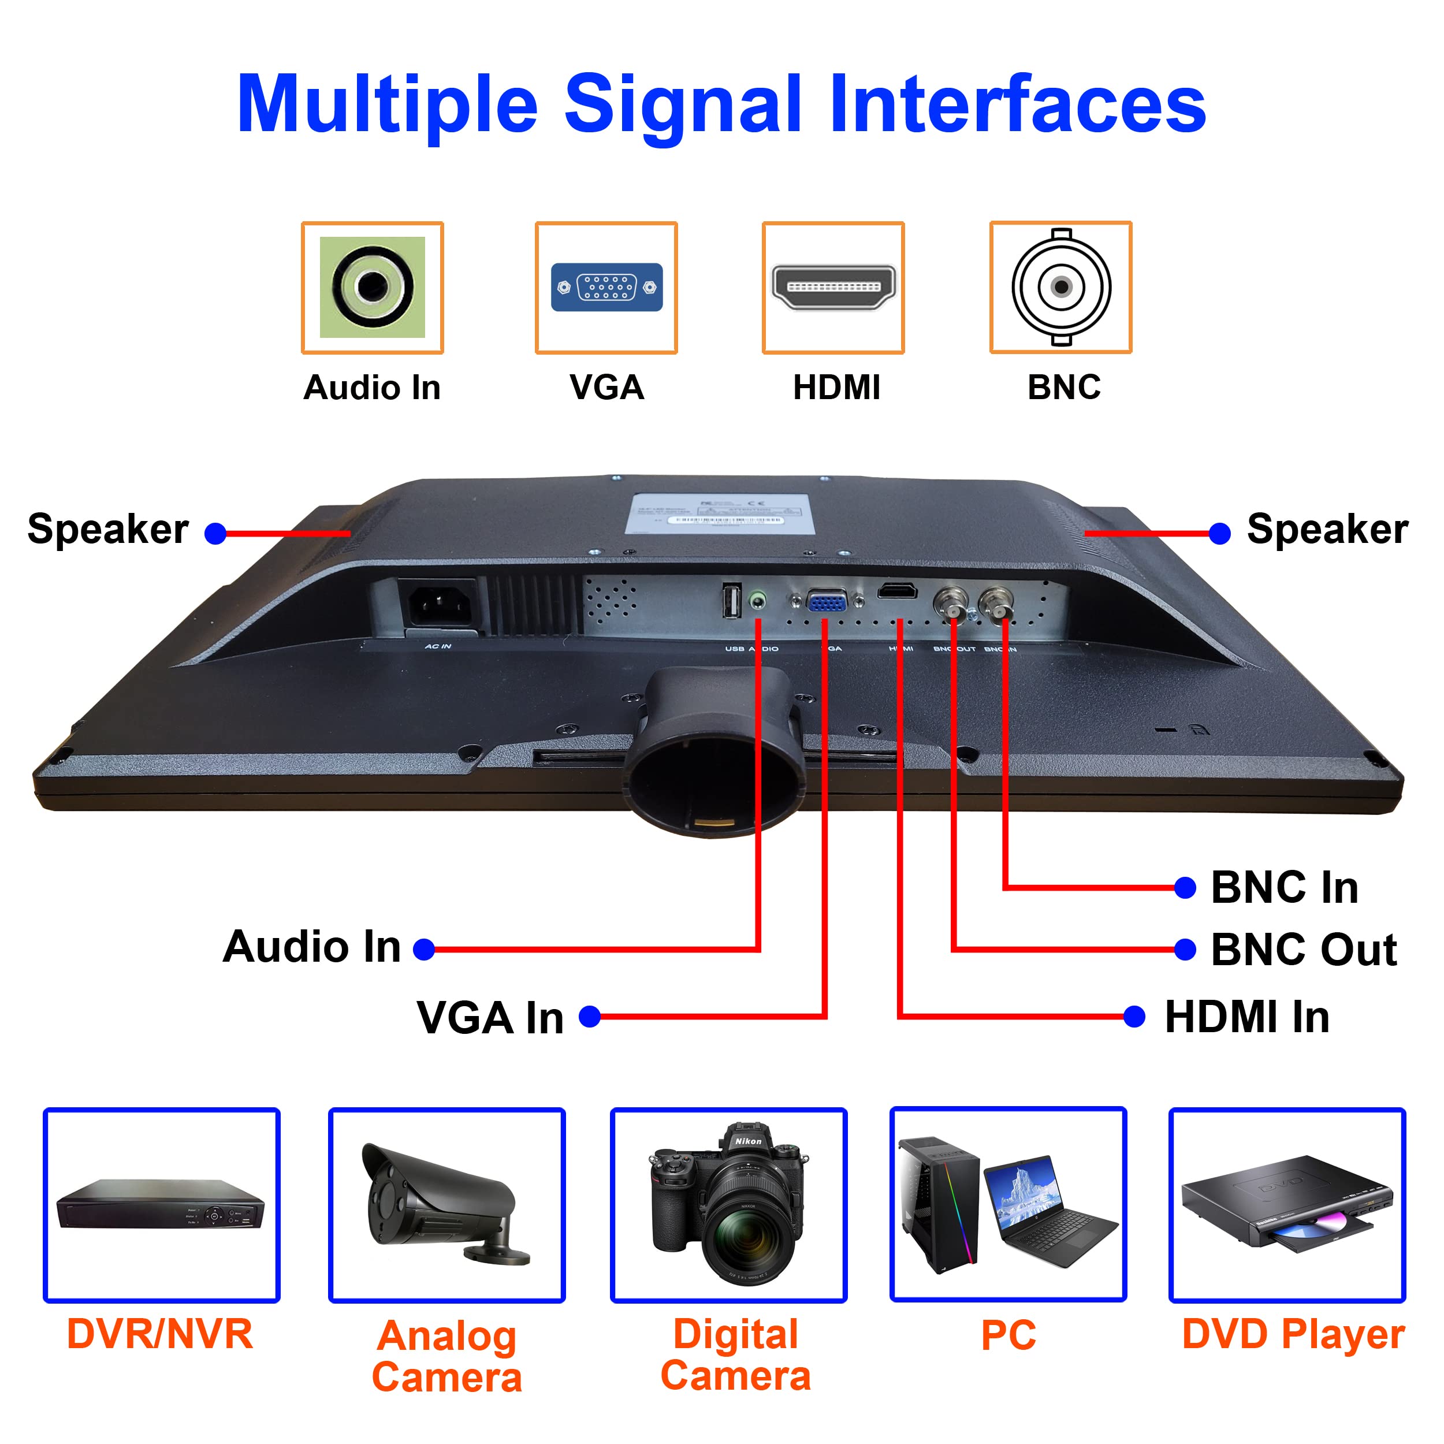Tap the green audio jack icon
pos(372,286)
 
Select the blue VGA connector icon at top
pos(606,287)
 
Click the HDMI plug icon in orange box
pos(833,286)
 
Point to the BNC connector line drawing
pos(1061,286)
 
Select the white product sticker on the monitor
pos(719,513)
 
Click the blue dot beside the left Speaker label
pos(215,534)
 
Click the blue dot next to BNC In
pos(1185,888)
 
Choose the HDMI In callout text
pos(1246,1017)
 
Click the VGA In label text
pos(490,1018)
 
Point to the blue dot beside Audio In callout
pos(424,950)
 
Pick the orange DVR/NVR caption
pos(160,1334)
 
